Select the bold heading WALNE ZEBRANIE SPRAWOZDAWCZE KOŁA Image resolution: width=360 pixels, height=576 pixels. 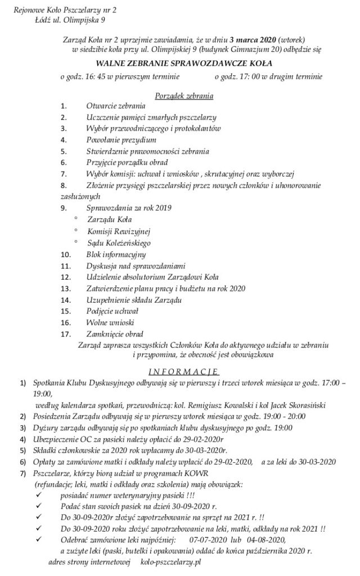tap(183, 64)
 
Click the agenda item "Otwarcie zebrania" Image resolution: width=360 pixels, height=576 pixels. tap(116, 106)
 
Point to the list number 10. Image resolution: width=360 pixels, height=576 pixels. tap(66, 254)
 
